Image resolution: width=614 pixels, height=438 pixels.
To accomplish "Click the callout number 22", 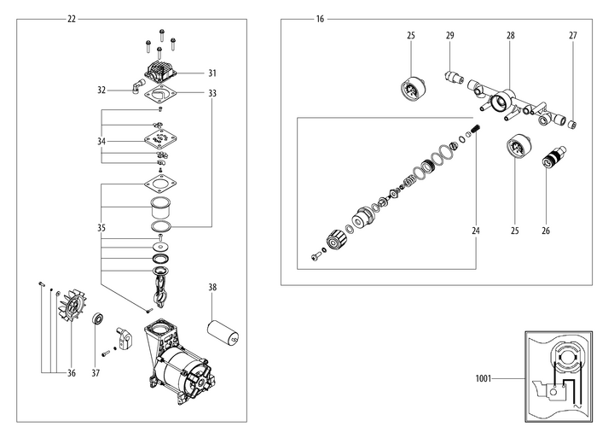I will tap(71, 19).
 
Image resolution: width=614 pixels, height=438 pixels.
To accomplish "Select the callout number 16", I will tap(319, 19).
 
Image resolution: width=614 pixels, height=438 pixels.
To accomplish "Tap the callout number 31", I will tap(212, 73).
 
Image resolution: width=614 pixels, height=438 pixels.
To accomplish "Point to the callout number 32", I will tap(101, 89).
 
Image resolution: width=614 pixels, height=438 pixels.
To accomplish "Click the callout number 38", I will tap(212, 288).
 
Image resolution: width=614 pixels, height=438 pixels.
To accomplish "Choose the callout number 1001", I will tap(484, 378).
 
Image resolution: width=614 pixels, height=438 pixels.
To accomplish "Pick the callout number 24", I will tap(475, 231).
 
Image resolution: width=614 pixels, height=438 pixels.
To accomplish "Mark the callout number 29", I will tap(450, 36).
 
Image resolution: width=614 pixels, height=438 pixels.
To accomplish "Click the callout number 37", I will tap(96, 372).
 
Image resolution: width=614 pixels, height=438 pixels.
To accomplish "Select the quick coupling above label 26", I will tap(551, 158).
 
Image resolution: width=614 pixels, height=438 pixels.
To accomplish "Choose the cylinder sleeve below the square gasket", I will tap(159, 207).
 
